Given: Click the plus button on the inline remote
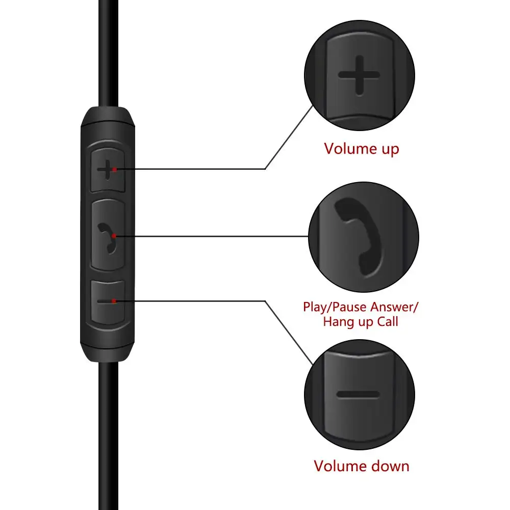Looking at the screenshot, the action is (x=107, y=170).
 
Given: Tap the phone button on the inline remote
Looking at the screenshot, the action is (x=108, y=236).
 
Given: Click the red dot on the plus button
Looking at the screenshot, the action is (x=116, y=169).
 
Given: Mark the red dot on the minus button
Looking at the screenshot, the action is (x=115, y=301).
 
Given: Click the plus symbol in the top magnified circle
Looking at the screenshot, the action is (x=359, y=75).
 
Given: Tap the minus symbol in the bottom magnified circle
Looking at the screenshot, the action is (x=358, y=394).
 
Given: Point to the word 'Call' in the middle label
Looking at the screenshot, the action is (x=387, y=322).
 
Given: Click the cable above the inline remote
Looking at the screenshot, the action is (x=108, y=51).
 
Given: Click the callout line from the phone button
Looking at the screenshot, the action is (x=214, y=236).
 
